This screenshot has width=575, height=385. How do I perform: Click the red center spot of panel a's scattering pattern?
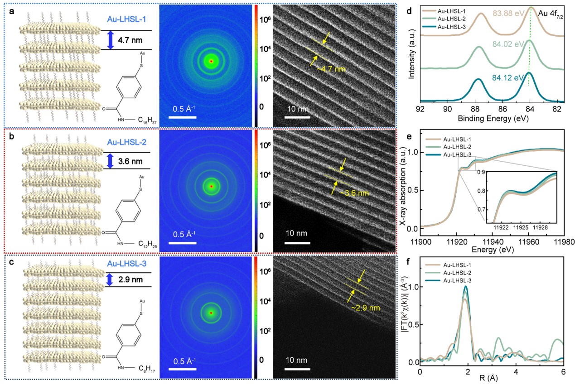[x=211, y=61]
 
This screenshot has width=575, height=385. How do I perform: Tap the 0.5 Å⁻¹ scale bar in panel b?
[x=184, y=240]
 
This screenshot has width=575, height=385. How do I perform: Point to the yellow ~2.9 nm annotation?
[x=366, y=308]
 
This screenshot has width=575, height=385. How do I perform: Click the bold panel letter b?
[x=10, y=135]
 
